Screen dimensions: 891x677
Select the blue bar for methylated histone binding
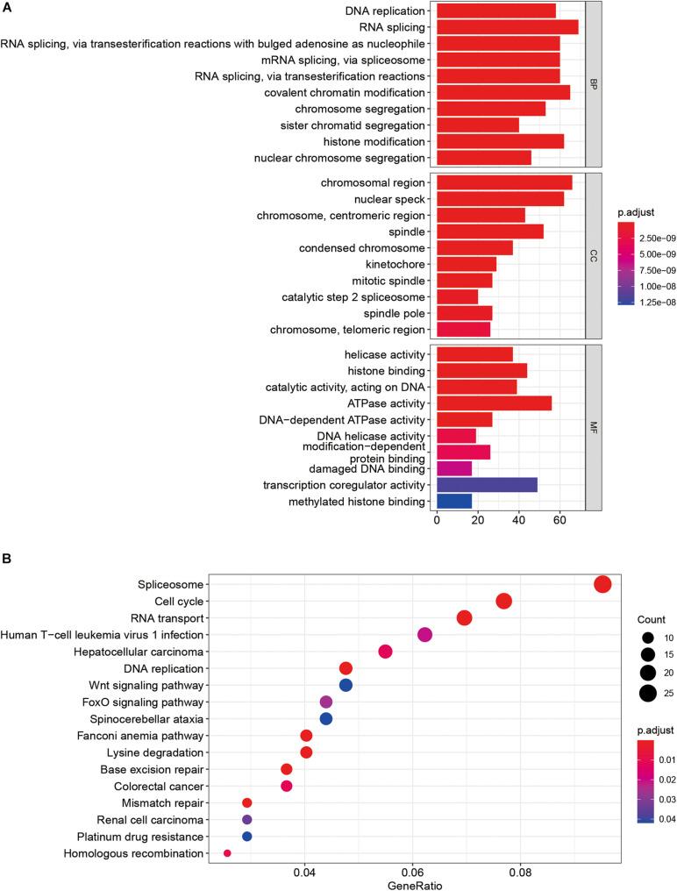click(453, 502)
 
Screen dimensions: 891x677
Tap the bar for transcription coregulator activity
click(486, 485)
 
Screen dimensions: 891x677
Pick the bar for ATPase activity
click(494, 403)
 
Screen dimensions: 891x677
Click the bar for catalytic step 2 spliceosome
click(457, 297)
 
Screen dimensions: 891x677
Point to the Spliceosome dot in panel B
click(602, 585)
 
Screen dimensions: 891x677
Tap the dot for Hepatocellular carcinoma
click(385, 652)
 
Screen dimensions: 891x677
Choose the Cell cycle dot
click(503, 602)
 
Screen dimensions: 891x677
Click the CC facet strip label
click(593, 256)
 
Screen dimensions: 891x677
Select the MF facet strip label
click(593, 427)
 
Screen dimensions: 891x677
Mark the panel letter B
click(9, 556)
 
